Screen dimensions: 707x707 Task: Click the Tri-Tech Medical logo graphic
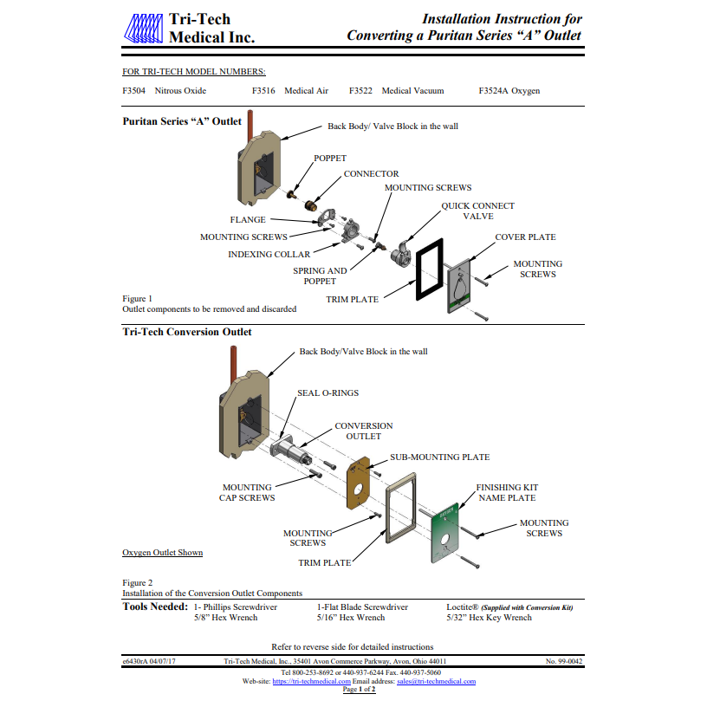tap(143, 29)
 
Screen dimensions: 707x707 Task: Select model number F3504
tap(135, 90)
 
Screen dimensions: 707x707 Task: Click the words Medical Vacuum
tap(412, 90)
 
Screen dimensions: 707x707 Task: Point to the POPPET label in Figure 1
tap(330, 159)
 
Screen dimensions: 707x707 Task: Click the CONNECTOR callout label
tap(371, 174)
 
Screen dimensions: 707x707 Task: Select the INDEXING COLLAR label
tap(268, 255)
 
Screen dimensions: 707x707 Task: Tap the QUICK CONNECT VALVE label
tap(477, 211)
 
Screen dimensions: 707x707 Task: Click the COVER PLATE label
tap(525, 237)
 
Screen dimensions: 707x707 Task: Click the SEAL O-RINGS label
tap(328, 393)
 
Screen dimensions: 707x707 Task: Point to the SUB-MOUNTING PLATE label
tap(439, 457)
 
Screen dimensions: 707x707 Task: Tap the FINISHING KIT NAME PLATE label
tap(505, 493)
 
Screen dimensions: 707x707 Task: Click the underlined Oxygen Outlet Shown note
tap(163, 553)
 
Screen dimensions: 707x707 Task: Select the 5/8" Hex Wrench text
tap(224, 619)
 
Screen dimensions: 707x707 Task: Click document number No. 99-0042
tap(564, 661)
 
